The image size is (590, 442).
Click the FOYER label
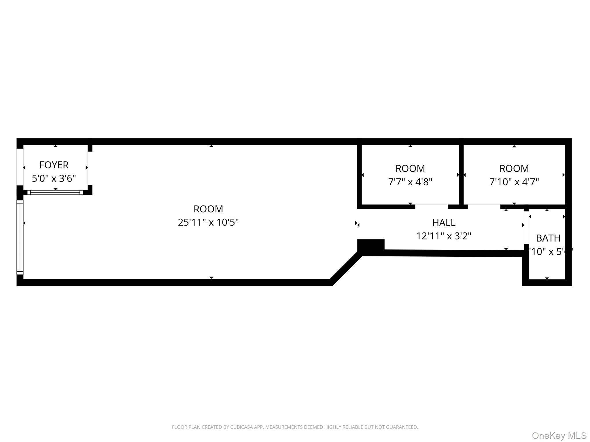tap(54, 165)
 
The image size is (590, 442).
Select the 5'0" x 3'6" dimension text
tap(54, 178)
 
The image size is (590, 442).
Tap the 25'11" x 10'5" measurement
tap(208, 222)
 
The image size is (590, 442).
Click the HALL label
tap(444, 222)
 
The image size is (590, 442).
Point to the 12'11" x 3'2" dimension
tap(444, 236)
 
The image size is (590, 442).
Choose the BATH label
tap(548, 238)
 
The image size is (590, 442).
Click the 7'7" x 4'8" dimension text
tap(410, 182)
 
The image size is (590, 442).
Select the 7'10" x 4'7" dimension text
tap(514, 182)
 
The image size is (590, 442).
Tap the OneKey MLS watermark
tap(559, 436)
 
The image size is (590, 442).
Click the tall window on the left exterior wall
tap(20, 237)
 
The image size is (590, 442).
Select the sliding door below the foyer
tap(55, 193)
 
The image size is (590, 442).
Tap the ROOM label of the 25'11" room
tap(208, 209)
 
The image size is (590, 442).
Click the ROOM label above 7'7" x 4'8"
tap(410, 168)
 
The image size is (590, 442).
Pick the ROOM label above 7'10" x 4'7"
tap(514, 168)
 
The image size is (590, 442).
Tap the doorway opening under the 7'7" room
tap(431, 207)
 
